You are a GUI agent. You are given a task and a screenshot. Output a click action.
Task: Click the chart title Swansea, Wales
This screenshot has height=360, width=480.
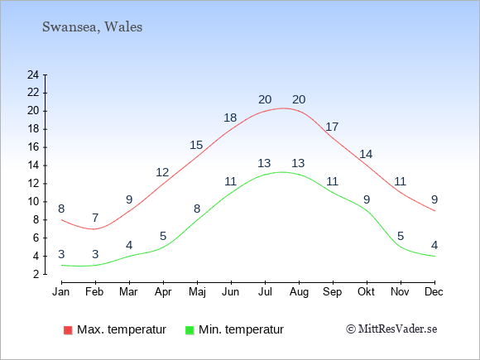click(92, 27)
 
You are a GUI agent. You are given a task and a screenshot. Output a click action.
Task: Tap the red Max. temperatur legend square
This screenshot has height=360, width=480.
click(68, 330)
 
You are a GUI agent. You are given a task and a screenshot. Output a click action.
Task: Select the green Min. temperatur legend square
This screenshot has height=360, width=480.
click(190, 330)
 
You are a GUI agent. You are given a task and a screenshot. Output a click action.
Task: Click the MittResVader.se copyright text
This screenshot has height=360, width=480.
click(391, 329)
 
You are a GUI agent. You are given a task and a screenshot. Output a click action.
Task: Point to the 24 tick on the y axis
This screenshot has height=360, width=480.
click(33, 74)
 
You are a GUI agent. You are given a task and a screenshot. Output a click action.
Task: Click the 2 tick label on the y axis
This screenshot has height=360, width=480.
click(36, 274)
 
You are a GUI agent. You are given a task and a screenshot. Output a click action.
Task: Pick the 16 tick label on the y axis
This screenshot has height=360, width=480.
click(33, 147)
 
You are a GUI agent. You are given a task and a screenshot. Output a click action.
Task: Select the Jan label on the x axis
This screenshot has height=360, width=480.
click(61, 292)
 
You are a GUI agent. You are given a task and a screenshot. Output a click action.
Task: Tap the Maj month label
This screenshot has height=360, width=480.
click(197, 292)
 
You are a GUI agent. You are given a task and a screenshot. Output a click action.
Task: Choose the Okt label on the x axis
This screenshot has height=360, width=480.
click(366, 292)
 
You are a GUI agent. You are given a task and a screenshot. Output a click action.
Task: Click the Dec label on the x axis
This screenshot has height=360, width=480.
click(434, 292)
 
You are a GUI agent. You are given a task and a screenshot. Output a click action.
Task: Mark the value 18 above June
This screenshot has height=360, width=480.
click(230, 118)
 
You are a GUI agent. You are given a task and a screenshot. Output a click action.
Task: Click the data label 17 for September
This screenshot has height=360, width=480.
click(332, 127)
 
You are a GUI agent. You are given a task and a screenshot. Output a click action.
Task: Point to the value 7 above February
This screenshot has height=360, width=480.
click(95, 218)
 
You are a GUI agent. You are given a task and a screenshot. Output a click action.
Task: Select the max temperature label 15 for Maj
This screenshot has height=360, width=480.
click(196, 145)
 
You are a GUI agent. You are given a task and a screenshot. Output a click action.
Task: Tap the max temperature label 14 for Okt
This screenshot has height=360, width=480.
click(366, 154)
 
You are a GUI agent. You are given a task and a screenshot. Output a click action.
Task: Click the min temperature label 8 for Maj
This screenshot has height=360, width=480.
click(197, 209)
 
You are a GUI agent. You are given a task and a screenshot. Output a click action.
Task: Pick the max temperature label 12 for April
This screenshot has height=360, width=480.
click(162, 172)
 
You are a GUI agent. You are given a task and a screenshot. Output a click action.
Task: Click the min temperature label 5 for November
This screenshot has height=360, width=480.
click(401, 236)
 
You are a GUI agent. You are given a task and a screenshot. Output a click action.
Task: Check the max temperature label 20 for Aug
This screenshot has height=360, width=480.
click(299, 99)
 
